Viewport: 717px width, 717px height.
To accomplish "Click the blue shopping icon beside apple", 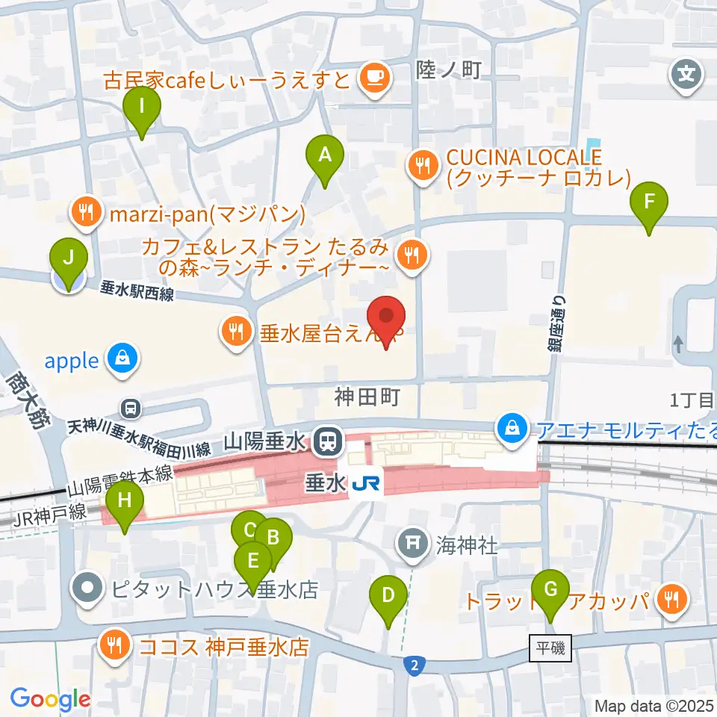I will (x=119, y=361).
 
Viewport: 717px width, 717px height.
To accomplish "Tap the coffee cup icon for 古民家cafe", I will (x=373, y=78).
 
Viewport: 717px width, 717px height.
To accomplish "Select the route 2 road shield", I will (x=412, y=664).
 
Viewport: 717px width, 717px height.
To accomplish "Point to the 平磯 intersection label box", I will (x=551, y=648).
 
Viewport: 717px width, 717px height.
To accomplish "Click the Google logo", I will (x=50, y=699).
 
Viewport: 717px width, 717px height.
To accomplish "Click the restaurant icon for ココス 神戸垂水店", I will (x=114, y=645).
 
